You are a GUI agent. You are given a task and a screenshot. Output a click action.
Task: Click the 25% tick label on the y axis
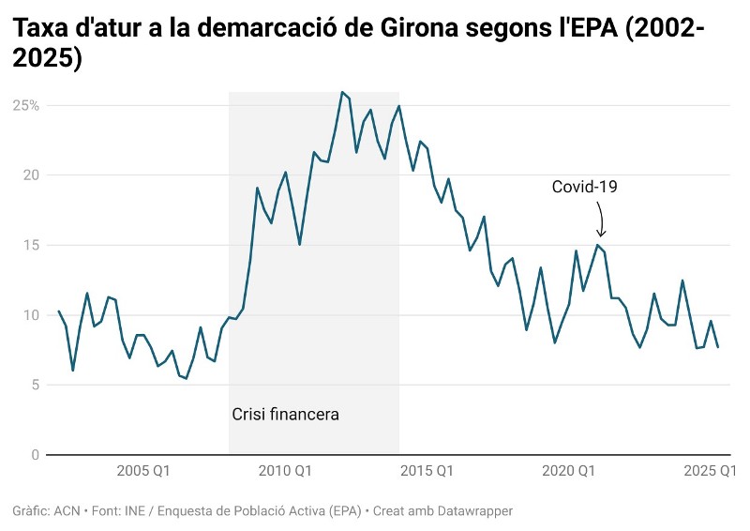pyautogui.click(x=25, y=105)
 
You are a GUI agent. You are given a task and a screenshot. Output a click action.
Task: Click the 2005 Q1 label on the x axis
pyautogui.click(x=143, y=470)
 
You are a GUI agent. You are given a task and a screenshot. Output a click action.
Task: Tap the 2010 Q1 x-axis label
pyautogui.click(x=285, y=470)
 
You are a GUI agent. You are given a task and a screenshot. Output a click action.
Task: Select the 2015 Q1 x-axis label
pyautogui.click(x=427, y=470)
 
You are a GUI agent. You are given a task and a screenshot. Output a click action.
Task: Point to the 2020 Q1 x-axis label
pyautogui.click(x=569, y=470)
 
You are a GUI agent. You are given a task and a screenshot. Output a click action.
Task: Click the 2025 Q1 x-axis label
pyautogui.click(x=711, y=470)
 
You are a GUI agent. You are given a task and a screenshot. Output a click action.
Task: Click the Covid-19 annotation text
pyautogui.click(x=584, y=187)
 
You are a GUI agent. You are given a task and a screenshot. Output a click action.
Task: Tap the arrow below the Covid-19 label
pyautogui.click(x=601, y=220)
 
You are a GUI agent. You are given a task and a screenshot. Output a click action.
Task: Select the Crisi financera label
pyautogui.click(x=285, y=414)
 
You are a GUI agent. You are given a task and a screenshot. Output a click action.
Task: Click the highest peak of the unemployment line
pyautogui.click(x=342, y=92)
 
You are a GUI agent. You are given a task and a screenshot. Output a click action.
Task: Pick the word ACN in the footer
pyautogui.click(x=67, y=511)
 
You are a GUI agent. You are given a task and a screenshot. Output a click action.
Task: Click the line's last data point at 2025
pyautogui.click(x=719, y=348)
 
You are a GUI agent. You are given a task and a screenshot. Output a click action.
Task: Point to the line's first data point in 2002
pyautogui.click(x=58, y=311)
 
